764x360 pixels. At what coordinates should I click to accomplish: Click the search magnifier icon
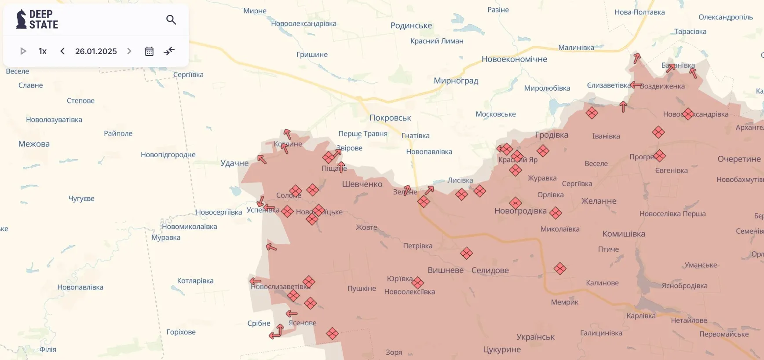[x=171, y=20]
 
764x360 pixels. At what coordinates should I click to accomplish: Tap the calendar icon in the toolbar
[x=149, y=51]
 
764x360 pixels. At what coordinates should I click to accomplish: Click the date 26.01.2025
[x=96, y=51]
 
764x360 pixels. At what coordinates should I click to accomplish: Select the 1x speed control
[x=42, y=51]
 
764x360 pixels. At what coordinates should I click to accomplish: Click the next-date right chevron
[x=129, y=51]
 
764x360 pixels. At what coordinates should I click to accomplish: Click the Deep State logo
[x=37, y=20]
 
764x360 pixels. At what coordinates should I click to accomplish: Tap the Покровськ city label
[x=390, y=118]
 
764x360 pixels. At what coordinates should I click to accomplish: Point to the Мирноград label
[x=456, y=81]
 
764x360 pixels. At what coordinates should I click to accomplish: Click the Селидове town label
[x=490, y=270]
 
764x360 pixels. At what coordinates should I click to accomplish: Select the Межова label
[x=34, y=144]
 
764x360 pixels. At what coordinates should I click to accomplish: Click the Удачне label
[x=234, y=163]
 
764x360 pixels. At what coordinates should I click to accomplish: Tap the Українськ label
[x=535, y=337]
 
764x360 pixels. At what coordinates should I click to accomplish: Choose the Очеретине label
[x=739, y=159]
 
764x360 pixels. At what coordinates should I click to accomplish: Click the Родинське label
[x=411, y=26]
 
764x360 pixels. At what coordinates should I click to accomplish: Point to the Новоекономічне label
[x=514, y=59]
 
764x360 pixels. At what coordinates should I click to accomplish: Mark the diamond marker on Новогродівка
[x=515, y=203]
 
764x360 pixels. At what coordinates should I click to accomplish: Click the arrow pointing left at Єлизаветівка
[x=635, y=85]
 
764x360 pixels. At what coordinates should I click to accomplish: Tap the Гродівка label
[x=552, y=135]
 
